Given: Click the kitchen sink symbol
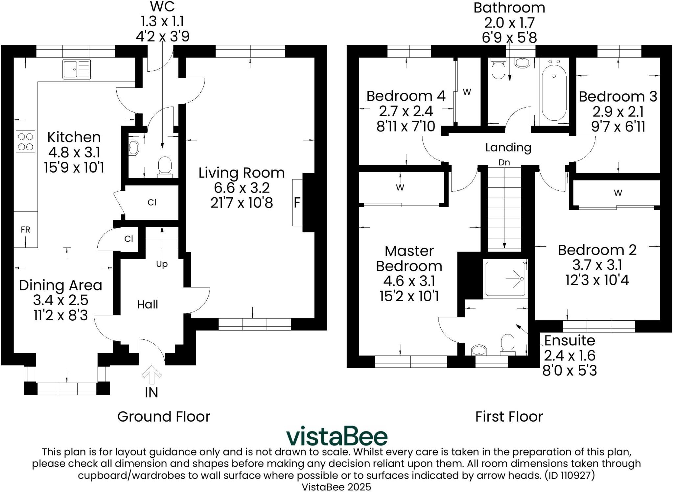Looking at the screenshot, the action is [x=77, y=69].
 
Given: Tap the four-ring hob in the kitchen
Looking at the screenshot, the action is [x=25, y=141].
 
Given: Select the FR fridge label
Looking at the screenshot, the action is [x=25, y=230].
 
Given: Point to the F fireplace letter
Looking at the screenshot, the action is [x=297, y=203].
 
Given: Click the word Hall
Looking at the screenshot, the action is [x=148, y=305].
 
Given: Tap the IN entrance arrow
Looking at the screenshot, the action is [x=151, y=375].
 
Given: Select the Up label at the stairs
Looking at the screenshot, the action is [x=162, y=264].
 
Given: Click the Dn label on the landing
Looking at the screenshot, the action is [x=504, y=162].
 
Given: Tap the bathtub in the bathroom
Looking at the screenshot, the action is [x=554, y=92].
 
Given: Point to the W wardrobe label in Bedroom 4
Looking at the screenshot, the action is [x=467, y=92].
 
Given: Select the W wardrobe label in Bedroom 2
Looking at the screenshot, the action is [x=618, y=193].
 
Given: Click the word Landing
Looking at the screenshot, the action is [x=508, y=148].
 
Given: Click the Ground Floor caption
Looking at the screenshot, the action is [x=164, y=417].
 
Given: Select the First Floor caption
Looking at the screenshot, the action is [x=509, y=417].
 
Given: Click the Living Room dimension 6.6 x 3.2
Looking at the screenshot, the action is [x=242, y=188].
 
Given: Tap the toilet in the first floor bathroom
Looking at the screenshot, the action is [x=499, y=69].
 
